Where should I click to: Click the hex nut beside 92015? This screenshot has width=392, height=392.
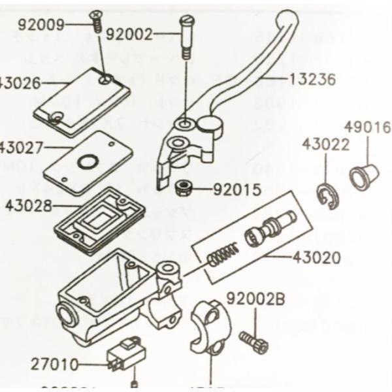(x=184, y=189)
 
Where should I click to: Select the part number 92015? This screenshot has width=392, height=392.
(x=238, y=191)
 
